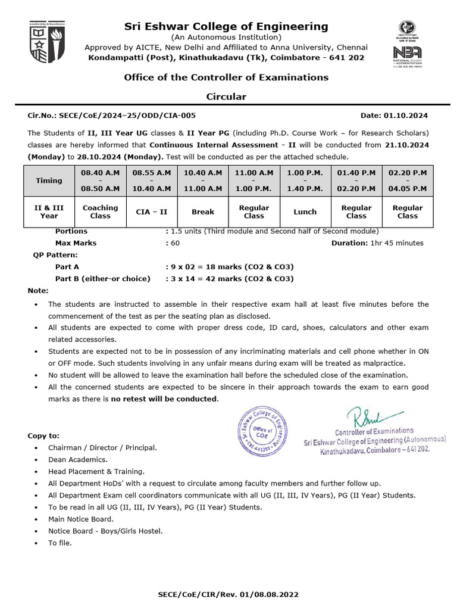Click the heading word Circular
click(x=226, y=97)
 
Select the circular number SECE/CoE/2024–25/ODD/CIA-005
click(x=112, y=116)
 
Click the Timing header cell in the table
click(x=49, y=180)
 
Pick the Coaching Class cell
click(x=100, y=212)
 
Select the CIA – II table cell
click(x=151, y=212)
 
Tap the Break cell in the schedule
click(x=203, y=212)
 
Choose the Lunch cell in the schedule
click(x=305, y=212)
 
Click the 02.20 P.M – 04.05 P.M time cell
click(x=408, y=180)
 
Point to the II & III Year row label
click(x=49, y=212)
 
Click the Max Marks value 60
click(x=175, y=243)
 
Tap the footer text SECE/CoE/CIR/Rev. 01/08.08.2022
click(x=228, y=595)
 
